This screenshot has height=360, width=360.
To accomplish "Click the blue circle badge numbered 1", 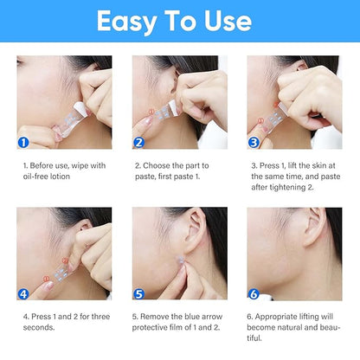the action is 23,143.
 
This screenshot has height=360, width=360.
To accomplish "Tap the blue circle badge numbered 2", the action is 138,143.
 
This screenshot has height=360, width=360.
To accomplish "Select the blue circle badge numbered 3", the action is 254,143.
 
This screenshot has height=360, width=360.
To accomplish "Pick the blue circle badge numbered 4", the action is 23,294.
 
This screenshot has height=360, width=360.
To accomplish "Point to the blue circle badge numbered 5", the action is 138,294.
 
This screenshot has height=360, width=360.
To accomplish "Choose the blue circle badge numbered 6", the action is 254,294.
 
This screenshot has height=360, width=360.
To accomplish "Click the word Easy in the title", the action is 126,22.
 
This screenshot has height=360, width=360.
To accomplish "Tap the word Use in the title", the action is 228,21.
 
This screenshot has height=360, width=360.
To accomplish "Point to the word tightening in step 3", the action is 287,188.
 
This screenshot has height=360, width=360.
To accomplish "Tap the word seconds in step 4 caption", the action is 39,327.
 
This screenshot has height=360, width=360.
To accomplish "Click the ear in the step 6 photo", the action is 315,228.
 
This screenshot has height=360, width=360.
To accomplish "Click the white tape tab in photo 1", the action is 79,108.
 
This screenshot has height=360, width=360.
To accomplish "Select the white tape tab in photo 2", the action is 174,107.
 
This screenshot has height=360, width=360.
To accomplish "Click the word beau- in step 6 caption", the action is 330,327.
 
